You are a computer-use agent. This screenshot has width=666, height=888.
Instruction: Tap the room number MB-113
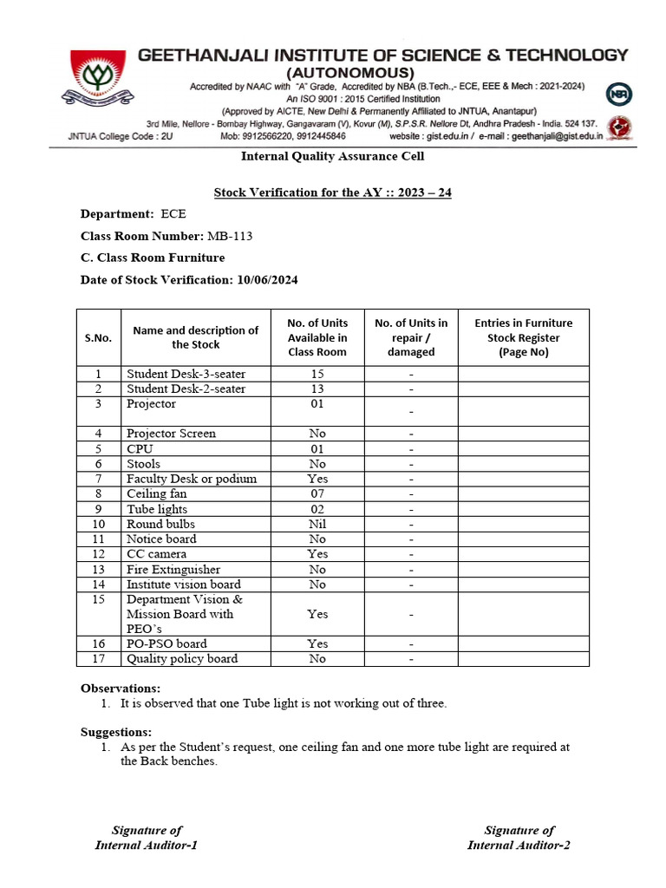click(230, 236)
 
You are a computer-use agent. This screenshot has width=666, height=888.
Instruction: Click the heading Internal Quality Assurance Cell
click(332, 156)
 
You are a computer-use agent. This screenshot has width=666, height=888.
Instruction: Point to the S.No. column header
click(98, 337)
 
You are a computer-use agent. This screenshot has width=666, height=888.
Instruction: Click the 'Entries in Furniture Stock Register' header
click(523, 337)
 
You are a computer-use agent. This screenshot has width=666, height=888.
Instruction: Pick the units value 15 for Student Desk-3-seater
click(317, 374)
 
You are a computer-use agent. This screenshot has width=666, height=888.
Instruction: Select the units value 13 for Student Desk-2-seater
click(317, 388)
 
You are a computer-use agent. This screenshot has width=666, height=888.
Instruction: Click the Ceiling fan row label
click(157, 493)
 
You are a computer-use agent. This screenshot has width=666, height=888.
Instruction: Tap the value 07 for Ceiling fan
click(317, 493)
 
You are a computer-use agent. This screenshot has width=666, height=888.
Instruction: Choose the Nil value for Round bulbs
click(317, 524)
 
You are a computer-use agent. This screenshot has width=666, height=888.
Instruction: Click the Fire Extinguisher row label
click(173, 570)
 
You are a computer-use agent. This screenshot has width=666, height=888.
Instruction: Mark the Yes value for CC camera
click(317, 554)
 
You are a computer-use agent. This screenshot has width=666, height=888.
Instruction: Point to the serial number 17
click(98, 659)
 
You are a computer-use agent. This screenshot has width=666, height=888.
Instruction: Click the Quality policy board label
click(182, 659)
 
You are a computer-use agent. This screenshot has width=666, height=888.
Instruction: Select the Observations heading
click(121, 688)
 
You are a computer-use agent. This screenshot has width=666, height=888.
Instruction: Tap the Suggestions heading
click(116, 732)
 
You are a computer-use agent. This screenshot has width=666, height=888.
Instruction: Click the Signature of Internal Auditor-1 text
click(147, 838)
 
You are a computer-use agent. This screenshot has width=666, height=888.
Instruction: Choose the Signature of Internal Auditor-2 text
click(519, 838)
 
